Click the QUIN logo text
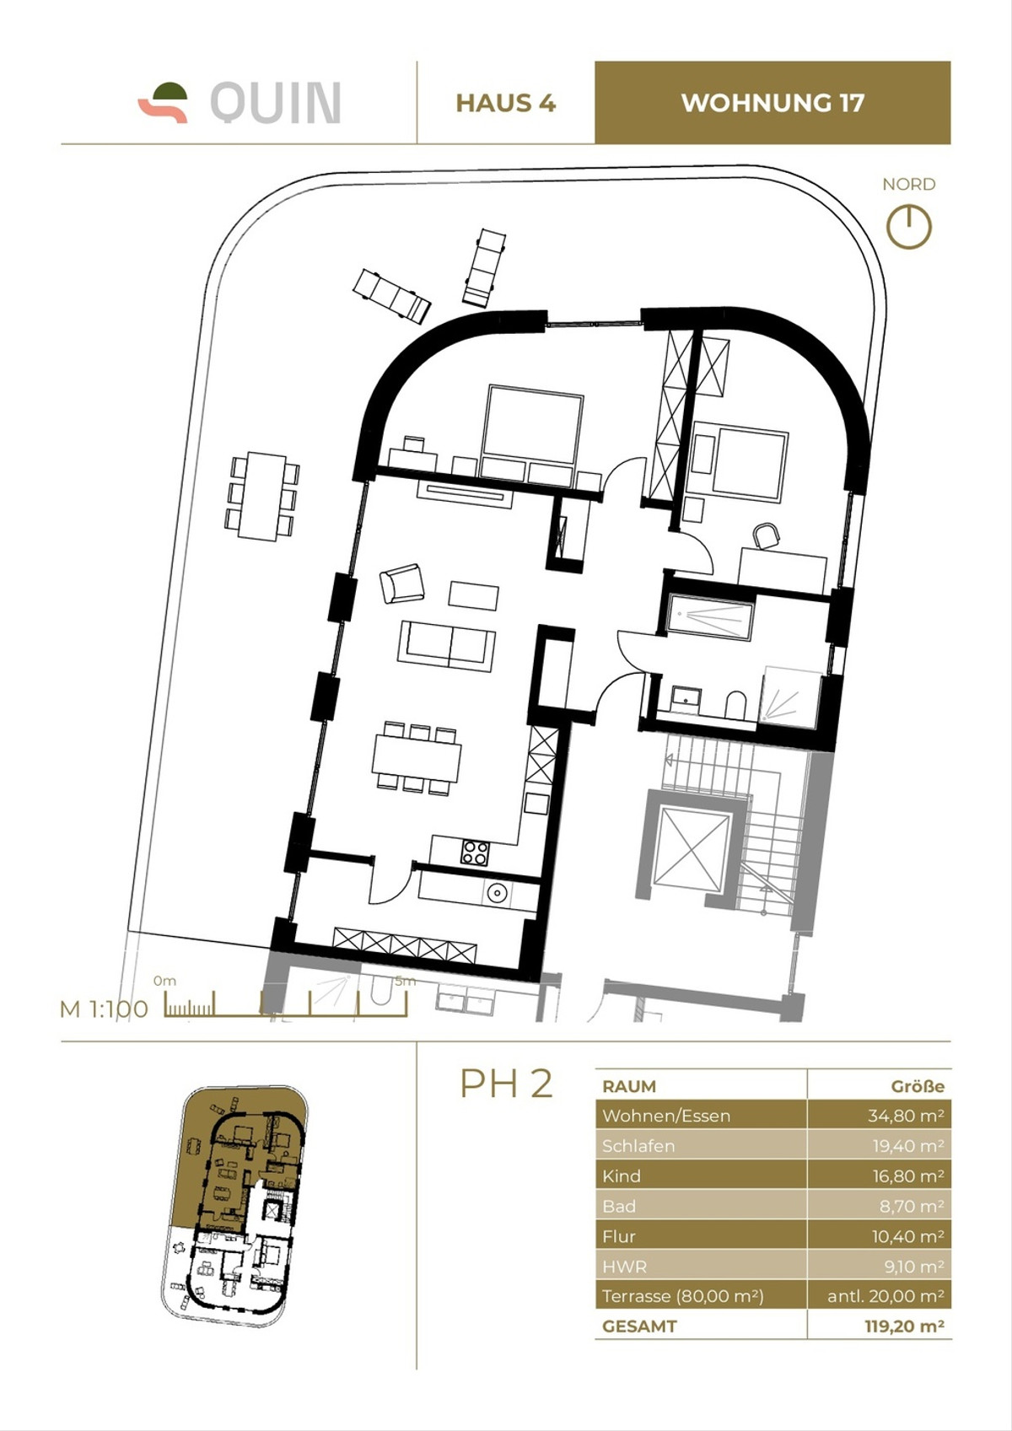[275, 103]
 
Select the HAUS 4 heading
[505, 103]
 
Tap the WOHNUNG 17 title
[772, 103]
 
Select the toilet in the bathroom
[735, 705]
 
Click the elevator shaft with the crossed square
[691, 847]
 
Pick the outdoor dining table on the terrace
[261, 496]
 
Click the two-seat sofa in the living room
[446, 645]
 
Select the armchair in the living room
[402, 583]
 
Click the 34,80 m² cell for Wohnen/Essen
[878, 1115]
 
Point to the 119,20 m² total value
[903, 1326]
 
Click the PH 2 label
[506, 1084]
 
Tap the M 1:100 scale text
[104, 1009]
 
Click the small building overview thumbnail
[235, 1206]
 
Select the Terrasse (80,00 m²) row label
[682, 1296]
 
